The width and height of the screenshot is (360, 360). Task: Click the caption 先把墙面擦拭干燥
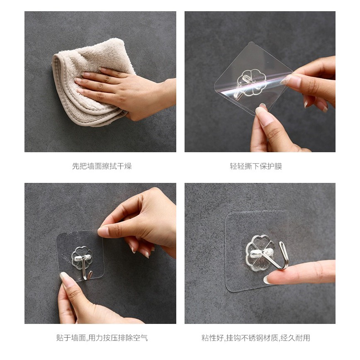click(x=102, y=166)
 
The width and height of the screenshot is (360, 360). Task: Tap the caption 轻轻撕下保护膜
click(x=256, y=166)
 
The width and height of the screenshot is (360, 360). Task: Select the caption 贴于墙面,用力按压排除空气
click(x=102, y=338)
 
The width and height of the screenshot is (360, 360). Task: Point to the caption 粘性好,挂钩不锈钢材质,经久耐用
click(x=256, y=338)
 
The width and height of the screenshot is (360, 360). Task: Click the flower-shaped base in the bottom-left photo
click(x=82, y=258)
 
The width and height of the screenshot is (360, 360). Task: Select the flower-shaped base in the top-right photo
click(x=251, y=82)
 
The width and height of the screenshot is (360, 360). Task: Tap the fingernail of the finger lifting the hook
click(x=267, y=280)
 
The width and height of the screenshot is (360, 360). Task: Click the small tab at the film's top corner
click(x=252, y=43)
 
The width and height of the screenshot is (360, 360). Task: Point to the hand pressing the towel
click(x=124, y=92)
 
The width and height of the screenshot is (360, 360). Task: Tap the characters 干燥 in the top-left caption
click(x=124, y=166)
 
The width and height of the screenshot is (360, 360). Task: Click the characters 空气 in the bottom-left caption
click(x=141, y=338)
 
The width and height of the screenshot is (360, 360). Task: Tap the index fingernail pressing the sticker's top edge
click(x=102, y=232)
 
